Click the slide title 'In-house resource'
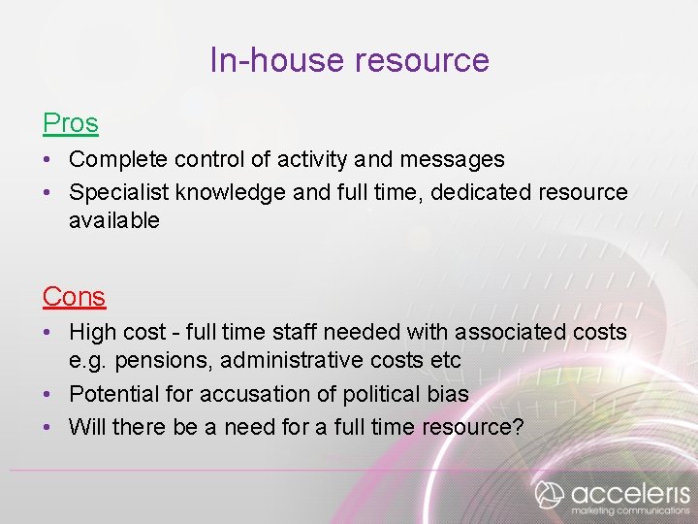coord(349,60)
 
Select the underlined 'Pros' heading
coord(70,123)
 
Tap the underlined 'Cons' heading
coord(74,296)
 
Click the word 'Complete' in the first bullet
coord(114,159)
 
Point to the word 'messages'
coord(457,159)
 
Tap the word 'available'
coord(113,221)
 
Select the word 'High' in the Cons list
coord(92,333)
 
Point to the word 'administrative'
coord(287,361)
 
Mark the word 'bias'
coord(449,394)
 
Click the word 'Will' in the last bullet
coord(87,427)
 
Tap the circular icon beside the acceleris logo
coord(550,494)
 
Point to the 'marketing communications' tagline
coord(630,510)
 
